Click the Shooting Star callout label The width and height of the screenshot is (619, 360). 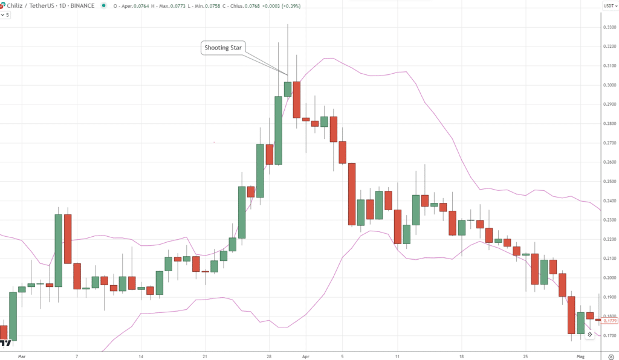click(222, 48)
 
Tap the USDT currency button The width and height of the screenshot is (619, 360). click(609, 6)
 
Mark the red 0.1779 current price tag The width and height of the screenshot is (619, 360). click(609, 321)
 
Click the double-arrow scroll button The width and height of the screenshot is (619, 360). click(589, 334)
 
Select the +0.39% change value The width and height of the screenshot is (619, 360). click(291, 6)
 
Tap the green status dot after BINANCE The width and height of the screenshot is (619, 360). click(104, 6)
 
